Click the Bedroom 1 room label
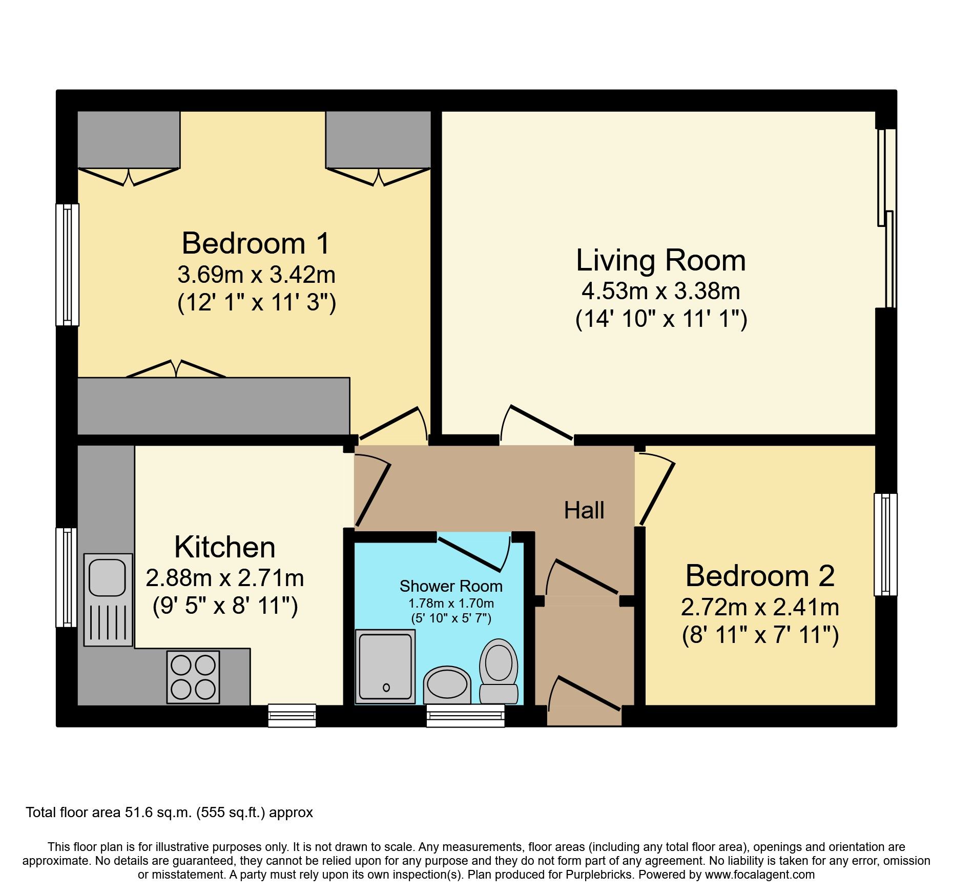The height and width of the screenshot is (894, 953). [256, 243]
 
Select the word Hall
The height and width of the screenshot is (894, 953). [584, 511]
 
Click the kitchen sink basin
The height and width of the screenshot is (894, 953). [107, 577]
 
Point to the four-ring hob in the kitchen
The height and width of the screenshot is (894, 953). [193, 677]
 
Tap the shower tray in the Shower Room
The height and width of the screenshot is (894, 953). [385, 667]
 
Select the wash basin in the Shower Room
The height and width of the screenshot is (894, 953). [447, 684]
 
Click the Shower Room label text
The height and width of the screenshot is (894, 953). [451, 586]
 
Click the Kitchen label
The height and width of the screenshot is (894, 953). [225, 547]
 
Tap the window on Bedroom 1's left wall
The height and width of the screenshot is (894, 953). [67, 264]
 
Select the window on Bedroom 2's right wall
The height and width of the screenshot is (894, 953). [885, 544]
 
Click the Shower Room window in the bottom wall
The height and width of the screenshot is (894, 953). [465, 715]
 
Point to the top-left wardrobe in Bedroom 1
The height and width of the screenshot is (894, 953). [129, 139]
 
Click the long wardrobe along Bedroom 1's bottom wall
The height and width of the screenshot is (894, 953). [213, 406]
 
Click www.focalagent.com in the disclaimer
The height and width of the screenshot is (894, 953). [759, 875]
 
